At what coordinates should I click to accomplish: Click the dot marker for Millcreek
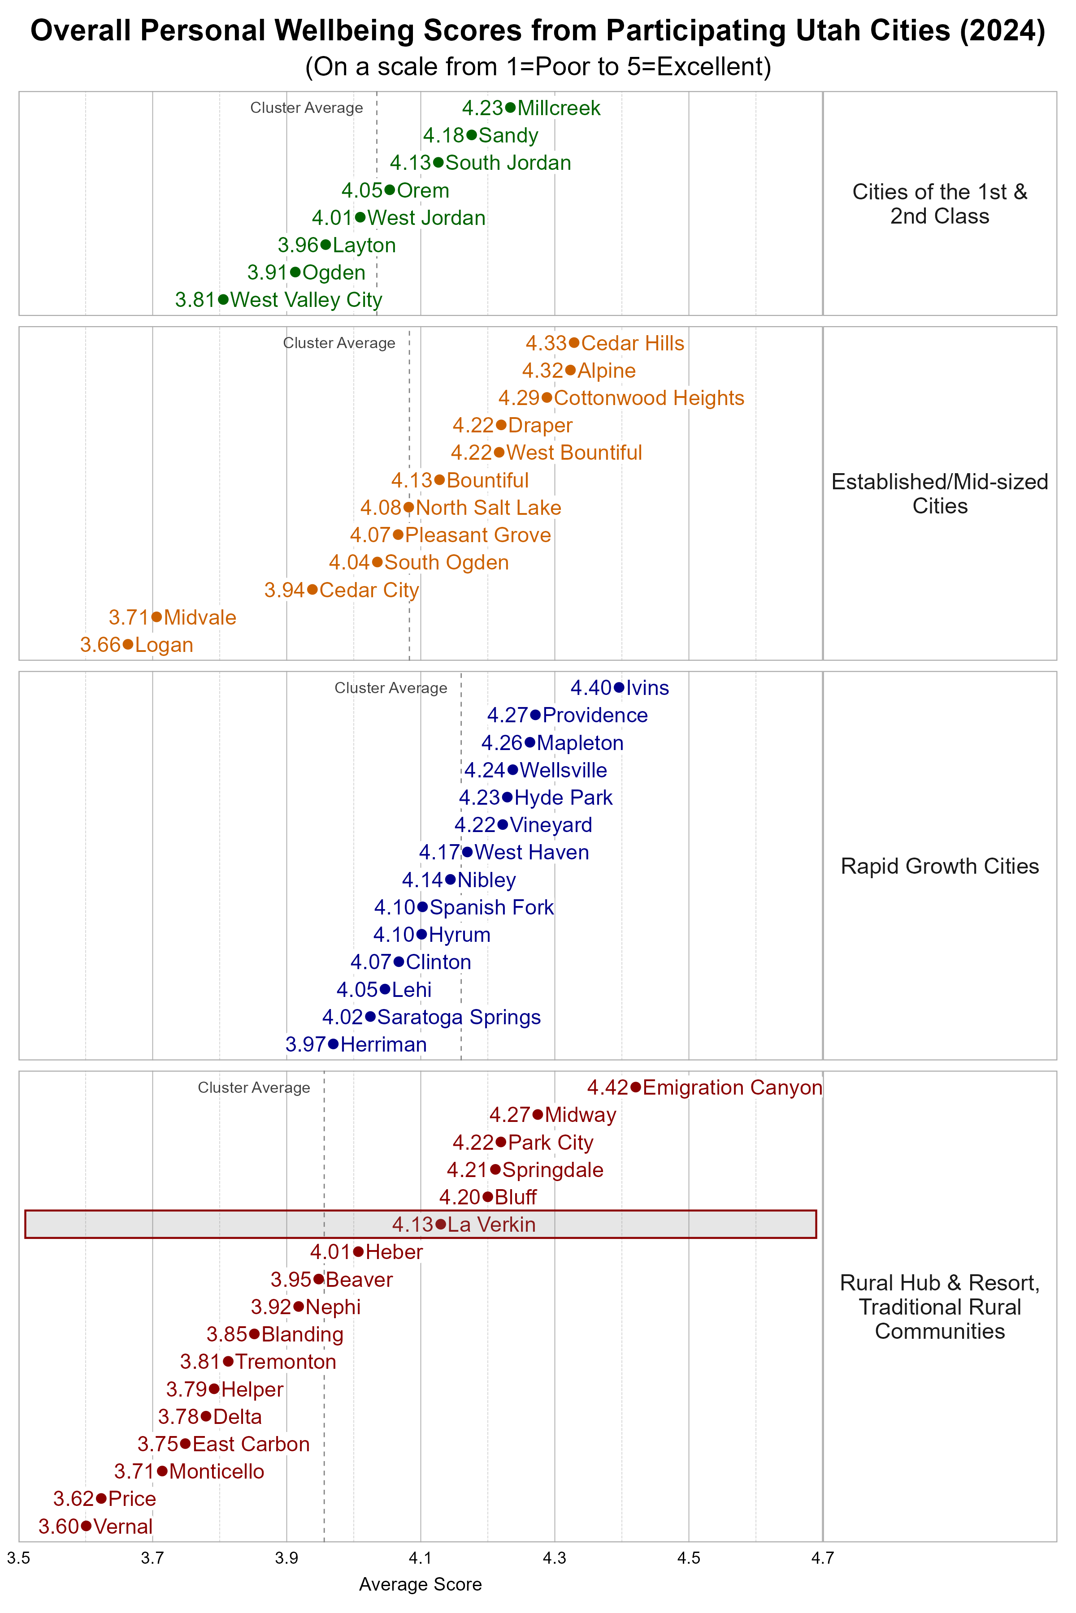tap(510, 108)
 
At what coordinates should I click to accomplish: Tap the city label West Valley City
tap(306, 300)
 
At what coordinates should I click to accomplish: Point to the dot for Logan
tap(128, 645)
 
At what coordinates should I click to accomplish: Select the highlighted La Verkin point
tap(441, 1224)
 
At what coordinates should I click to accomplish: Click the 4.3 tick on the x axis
tap(555, 1558)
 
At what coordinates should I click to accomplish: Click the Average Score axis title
tap(420, 1584)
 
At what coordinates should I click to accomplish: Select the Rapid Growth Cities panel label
tap(939, 866)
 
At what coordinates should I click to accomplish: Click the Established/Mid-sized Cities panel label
tap(939, 494)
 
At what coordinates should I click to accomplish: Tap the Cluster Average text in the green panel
tap(306, 108)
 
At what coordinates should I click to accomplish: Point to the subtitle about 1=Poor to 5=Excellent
tap(538, 66)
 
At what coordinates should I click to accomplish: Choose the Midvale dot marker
tap(156, 617)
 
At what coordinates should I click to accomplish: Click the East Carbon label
tap(251, 1444)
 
